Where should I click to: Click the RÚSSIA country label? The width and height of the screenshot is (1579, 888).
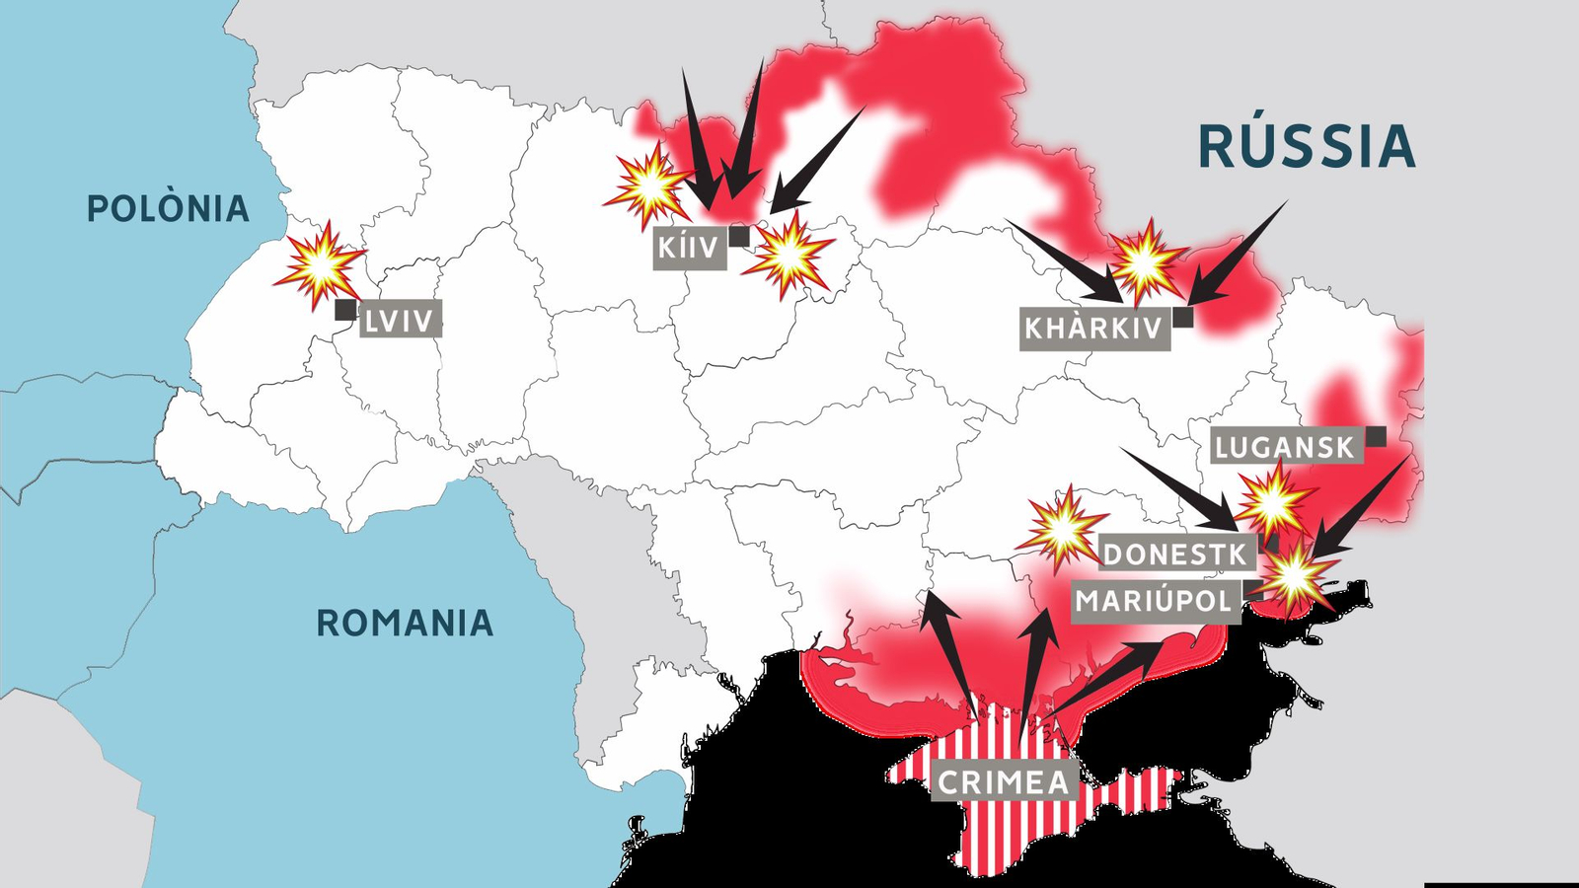1307,146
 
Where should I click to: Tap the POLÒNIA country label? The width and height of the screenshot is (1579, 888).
168,208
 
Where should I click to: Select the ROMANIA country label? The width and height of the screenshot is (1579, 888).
405,623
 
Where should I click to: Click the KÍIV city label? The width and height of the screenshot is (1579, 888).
689,247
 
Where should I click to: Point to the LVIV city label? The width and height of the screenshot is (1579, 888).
400,320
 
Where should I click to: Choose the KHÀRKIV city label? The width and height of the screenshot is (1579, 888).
1094,328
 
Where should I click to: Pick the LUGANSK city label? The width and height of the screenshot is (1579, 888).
1285,447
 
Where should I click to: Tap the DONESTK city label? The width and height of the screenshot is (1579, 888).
1175,554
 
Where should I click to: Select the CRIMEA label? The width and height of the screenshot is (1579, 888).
1004,781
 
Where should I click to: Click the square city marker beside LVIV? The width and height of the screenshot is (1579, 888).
345,310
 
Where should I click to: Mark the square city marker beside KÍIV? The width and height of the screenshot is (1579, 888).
739,237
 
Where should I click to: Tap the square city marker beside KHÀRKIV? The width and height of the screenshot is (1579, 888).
1182,317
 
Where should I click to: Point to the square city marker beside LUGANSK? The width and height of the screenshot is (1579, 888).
1376,436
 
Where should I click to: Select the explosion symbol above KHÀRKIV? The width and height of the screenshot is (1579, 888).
1145,261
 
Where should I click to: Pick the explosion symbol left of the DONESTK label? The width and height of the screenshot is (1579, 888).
1062,529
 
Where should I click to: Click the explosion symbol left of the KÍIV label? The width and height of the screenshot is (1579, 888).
647,185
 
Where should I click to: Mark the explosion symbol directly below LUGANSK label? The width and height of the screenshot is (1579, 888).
1274,501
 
